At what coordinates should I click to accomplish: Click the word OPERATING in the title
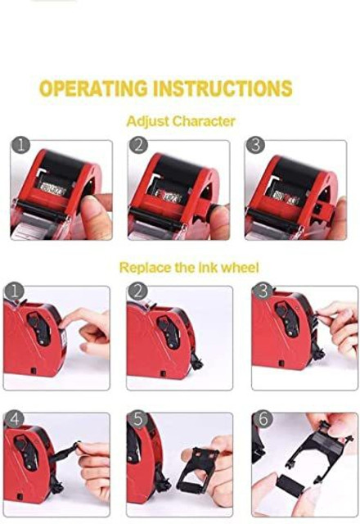tap(92, 88)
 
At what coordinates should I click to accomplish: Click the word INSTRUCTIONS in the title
tap(223, 88)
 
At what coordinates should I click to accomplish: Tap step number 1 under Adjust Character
tap(20, 146)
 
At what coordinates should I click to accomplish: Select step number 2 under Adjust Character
tap(138, 146)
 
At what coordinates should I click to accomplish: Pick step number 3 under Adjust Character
tap(255, 146)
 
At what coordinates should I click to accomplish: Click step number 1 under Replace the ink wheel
tap(14, 291)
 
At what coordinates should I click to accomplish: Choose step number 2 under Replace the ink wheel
tap(137, 291)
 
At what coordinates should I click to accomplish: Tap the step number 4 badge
tap(14, 419)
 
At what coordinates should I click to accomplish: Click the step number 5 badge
tap(137, 419)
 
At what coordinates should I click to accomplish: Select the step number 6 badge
tap(263, 419)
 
